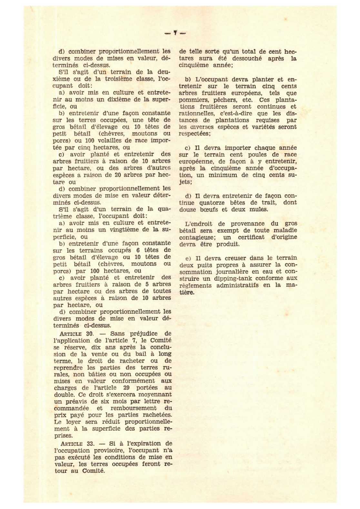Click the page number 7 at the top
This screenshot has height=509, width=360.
(175, 33)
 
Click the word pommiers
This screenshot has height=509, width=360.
(192, 100)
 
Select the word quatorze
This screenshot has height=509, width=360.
(213, 203)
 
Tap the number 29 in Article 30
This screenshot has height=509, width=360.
(126, 388)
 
